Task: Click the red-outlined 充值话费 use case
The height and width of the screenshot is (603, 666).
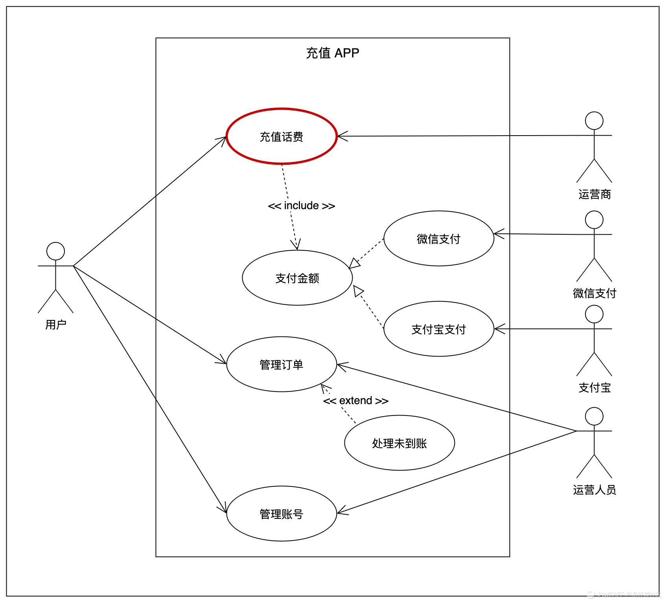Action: point(281,136)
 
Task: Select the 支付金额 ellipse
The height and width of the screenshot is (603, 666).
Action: point(297,278)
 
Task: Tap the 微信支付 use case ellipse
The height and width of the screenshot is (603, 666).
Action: point(438,239)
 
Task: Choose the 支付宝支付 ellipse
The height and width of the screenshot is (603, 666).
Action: point(438,329)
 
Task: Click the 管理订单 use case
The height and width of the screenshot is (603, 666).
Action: point(281,364)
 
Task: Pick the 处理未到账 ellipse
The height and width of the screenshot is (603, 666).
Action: point(399,443)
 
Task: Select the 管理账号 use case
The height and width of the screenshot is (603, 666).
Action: point(281,514)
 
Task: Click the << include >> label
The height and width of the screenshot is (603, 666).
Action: point(302,206)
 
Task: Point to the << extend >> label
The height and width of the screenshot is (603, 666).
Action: point(356,401)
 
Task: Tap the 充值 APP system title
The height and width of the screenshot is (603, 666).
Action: point(333,53)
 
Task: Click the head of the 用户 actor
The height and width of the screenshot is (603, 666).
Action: point(55,251)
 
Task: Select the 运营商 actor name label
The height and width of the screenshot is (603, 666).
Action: point(594,194)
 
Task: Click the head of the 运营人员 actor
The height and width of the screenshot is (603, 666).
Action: point(594,416)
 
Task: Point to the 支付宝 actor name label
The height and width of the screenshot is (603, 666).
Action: point(594,388)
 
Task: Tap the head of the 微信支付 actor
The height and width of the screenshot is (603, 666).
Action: point(594,220)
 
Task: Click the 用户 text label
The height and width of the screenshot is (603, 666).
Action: point(55,325)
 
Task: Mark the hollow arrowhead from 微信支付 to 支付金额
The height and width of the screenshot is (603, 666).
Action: point(354,263)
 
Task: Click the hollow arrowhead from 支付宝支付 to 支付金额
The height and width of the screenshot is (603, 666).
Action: point(358,291)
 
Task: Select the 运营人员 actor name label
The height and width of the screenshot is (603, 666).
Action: point(594,490)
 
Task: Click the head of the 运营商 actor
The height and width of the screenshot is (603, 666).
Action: point(594,121)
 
